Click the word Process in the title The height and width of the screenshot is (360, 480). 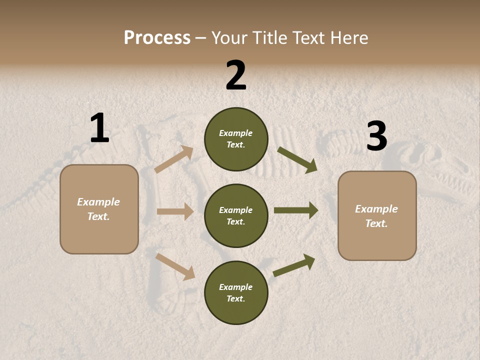point(157,37)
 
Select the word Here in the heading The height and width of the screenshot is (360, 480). point(347,37)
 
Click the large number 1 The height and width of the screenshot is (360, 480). point(99,128)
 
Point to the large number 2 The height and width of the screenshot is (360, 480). point(236,75)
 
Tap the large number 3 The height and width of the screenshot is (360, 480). point(376,136)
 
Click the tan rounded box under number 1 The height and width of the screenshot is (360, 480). point(99,209)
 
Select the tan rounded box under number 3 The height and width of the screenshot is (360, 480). point(377,216)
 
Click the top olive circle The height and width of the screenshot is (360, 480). point(236,139)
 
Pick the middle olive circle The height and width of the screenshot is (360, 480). point(236,216)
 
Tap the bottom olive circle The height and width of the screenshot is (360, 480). point(236,293)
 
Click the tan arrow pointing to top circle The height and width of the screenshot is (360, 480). point(174,159)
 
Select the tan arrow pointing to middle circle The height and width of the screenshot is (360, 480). point(175,211)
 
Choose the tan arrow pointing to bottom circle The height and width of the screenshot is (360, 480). point(175,266)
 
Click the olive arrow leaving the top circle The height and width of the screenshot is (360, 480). point(297,160)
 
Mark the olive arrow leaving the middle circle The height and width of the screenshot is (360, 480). point(296,210)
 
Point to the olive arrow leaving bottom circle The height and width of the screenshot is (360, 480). point(294,265)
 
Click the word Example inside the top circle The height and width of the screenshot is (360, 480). point(236,133)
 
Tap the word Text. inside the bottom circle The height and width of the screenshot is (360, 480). point(236,299)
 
